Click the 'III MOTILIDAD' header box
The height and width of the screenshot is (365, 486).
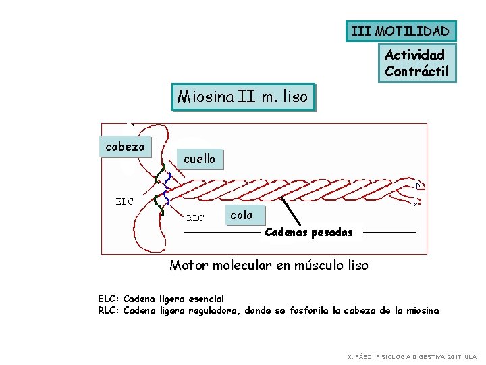pos(401,31)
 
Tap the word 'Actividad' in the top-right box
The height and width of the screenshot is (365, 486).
pos(414,55)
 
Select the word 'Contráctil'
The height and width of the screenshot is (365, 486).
pos(416,70)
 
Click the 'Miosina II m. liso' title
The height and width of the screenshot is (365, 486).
pos(243,97)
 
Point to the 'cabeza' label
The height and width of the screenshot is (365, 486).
pos(126,147)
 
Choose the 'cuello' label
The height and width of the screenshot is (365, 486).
pos(199,159)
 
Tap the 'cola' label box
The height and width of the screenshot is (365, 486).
pos(241,216)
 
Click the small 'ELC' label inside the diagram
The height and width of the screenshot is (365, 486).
pos(125,200)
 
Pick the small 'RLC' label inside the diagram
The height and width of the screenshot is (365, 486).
pos(195,218)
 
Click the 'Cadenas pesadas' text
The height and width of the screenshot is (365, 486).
pos(308,233)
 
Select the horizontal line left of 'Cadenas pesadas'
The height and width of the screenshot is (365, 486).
pos(221,233)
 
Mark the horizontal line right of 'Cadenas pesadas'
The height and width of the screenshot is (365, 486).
pos(389,233)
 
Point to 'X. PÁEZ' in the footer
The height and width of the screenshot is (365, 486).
pos(359,356)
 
